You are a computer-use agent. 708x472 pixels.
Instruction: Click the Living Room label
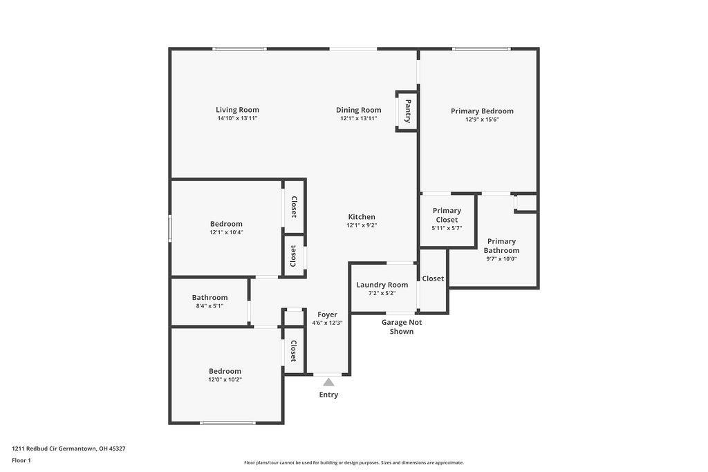[237, 110]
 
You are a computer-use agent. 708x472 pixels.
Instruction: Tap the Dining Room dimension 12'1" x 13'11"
[358, 119]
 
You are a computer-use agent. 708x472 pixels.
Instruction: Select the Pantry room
[407, 111]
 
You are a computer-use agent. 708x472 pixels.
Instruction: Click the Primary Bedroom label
[482, 111]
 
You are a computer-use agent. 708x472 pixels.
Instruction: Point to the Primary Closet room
[447, 218]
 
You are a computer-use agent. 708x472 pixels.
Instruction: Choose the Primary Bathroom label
[501, 246]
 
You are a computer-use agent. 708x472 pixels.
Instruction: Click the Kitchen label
[362, 217]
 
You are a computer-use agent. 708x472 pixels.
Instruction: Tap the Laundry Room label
[382, 285]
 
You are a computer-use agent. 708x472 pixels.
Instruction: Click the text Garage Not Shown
[402, 327]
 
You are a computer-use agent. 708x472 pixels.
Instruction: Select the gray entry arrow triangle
[329, 382]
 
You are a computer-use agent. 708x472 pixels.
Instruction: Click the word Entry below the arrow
[328, 395]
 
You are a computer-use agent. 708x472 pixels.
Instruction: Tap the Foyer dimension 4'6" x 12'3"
[327, 323]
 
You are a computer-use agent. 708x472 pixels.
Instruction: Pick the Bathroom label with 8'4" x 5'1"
[209, 298]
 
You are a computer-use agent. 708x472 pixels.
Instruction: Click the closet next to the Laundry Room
[433, 279]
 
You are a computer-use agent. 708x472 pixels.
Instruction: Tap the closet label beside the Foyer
[293, 351]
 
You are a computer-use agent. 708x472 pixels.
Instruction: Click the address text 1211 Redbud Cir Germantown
[68, 449]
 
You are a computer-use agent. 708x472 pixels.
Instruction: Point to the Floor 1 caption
[21, 460]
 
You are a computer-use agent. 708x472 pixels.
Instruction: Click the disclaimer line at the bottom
[353, 463]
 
